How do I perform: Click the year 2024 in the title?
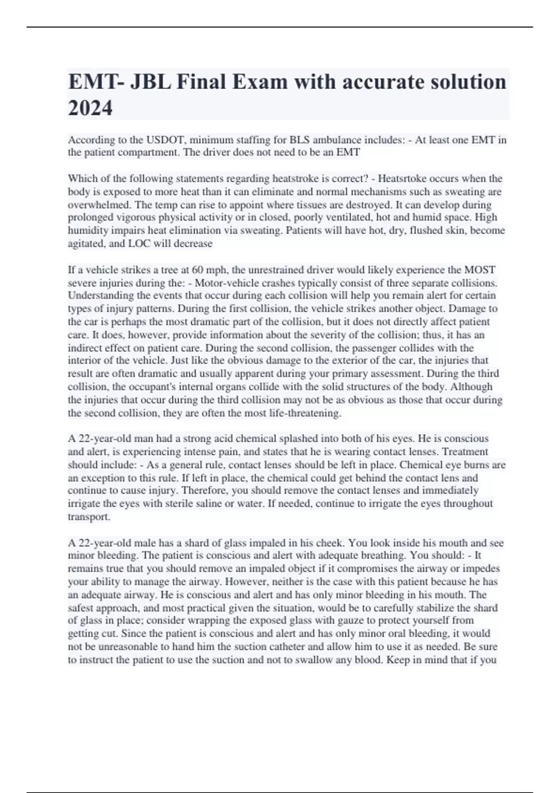tap(90, 108)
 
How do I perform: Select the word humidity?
tap(88, 230)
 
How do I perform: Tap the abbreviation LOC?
tap(139, 243)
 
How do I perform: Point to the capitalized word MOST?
tap(478, 270)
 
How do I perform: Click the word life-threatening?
tap(305, 413)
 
